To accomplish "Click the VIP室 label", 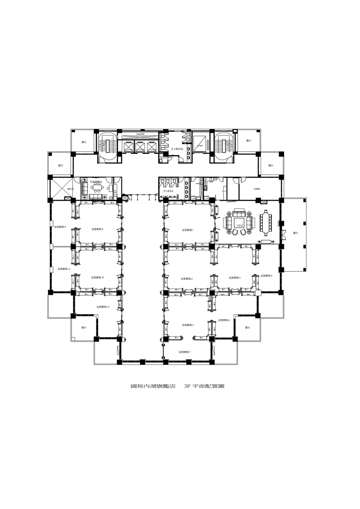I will tap(239, 224).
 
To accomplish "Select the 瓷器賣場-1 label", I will tap(188, 230).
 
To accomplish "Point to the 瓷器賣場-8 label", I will tap(97, 230).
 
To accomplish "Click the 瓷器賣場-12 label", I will tap(103, 307).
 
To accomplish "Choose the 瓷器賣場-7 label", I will tap(184, 352).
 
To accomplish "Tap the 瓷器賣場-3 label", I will tap(234, 278).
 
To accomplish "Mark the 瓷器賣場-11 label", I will tap(63, 269).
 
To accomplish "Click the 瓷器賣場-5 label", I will tap(187, 324).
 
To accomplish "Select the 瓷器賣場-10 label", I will tap(97, 278).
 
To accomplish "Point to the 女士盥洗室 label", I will tap(177, 149).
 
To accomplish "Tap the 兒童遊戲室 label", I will tap(96, 182).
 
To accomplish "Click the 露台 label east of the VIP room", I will tap(295, 233).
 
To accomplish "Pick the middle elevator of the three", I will tap(140, 147).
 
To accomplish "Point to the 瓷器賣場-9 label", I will tap(60, 227).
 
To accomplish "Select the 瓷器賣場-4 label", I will tap(266, 275).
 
